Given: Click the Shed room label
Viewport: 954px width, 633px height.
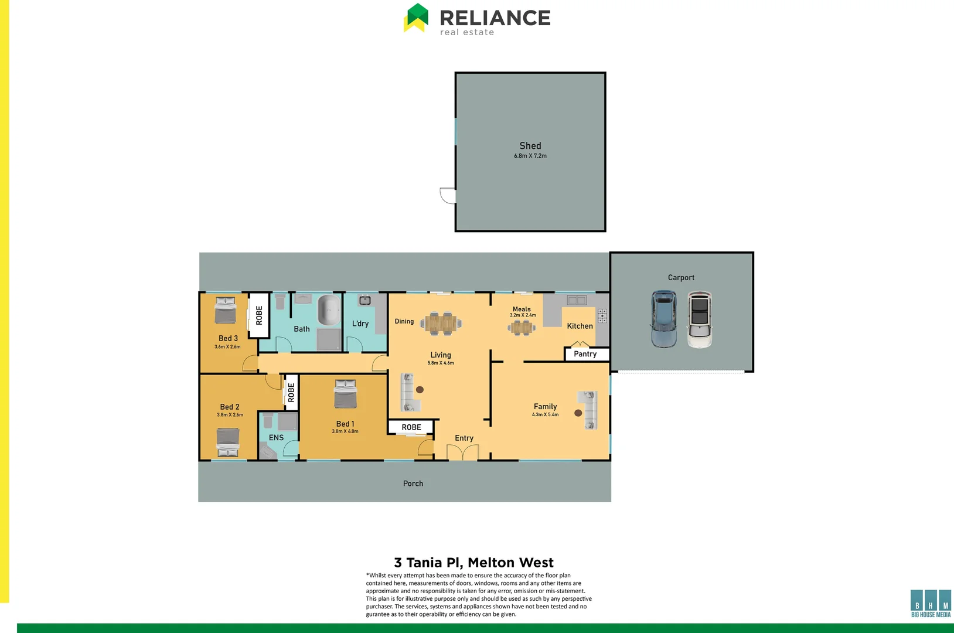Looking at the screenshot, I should (x=530, y=146).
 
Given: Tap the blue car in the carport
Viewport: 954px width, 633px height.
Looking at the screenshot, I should (x=663, y=319).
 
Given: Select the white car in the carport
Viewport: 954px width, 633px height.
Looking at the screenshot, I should (x=700, y=320).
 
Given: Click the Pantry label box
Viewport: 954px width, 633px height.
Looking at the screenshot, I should (x=586, y=354).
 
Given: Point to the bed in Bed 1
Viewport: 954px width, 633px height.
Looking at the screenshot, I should (x=345, y=394).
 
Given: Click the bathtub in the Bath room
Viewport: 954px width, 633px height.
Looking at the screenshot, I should (x=329, y=311).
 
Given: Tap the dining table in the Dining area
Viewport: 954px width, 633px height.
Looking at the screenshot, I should (x=441, y=323).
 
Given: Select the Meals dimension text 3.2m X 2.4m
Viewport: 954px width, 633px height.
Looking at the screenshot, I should (x=523, y=315).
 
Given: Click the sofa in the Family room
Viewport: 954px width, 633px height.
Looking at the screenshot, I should (x=589, y=410).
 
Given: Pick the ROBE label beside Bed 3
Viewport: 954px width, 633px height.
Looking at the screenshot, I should (x=259, y=315).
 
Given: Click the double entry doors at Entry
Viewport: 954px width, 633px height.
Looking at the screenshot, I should (x=463, y=452).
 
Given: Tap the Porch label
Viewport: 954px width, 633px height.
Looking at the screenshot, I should (x=413, y=484).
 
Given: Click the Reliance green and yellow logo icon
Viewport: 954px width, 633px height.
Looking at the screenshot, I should (x=417, y=18).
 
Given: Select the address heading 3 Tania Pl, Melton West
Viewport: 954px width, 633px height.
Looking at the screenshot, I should (x=473, y=563).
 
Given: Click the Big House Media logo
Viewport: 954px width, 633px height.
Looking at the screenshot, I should (x=931, y=604).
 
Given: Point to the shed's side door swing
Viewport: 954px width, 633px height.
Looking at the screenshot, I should (x=448, y=196).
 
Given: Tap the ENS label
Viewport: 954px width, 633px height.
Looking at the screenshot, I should (x=276, y=438).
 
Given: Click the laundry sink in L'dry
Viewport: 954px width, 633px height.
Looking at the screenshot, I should (x=365, y=301).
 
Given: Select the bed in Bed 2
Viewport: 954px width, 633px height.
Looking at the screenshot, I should (x=228, y=442).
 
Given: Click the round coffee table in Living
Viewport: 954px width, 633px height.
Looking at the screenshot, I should (x=420, y=389).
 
